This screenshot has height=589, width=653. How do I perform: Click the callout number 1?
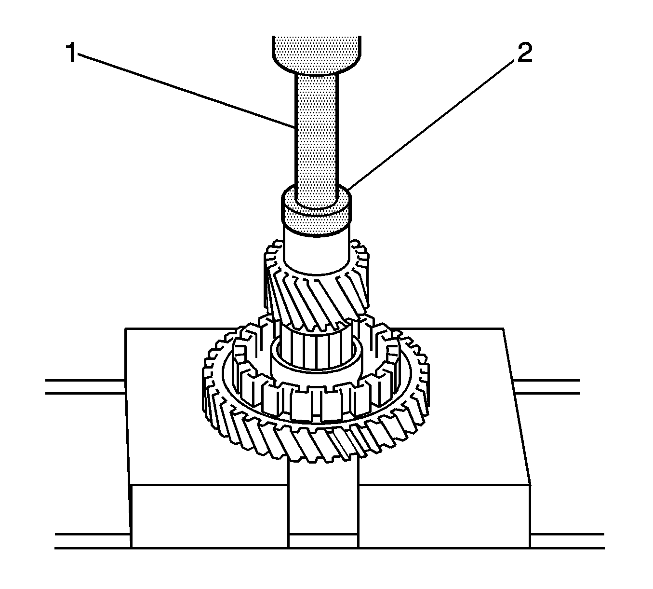click(x=72, y=54)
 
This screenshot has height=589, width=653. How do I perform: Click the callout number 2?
click(x=524, y=54)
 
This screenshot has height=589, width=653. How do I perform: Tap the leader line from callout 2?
click(x=434, y=121)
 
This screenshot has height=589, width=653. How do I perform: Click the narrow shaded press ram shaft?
click(x=316, y=135)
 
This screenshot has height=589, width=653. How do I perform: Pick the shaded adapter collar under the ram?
click(x=316, y=219)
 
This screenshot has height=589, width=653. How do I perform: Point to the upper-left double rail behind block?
click(x=84, y=386)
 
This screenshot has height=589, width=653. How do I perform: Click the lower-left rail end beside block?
click(x=92, y=541)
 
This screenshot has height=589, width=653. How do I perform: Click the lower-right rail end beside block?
click(x=566, y=541)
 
